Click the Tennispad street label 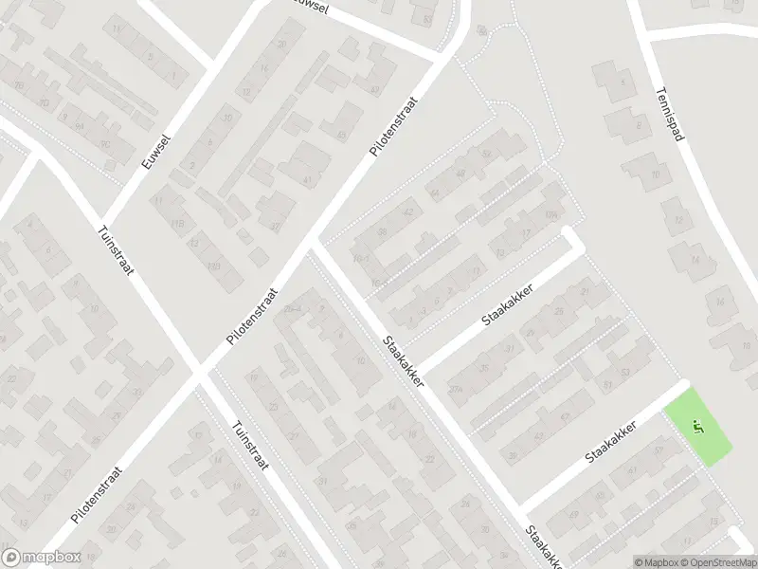pos(669,115)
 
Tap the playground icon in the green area pos(699,428)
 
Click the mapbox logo pos(41,558)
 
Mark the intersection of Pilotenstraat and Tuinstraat pos(200,372)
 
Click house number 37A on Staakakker pos(455,389)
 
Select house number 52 pos(486,154)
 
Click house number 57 pos(658,450)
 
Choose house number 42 pos(409,211)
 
